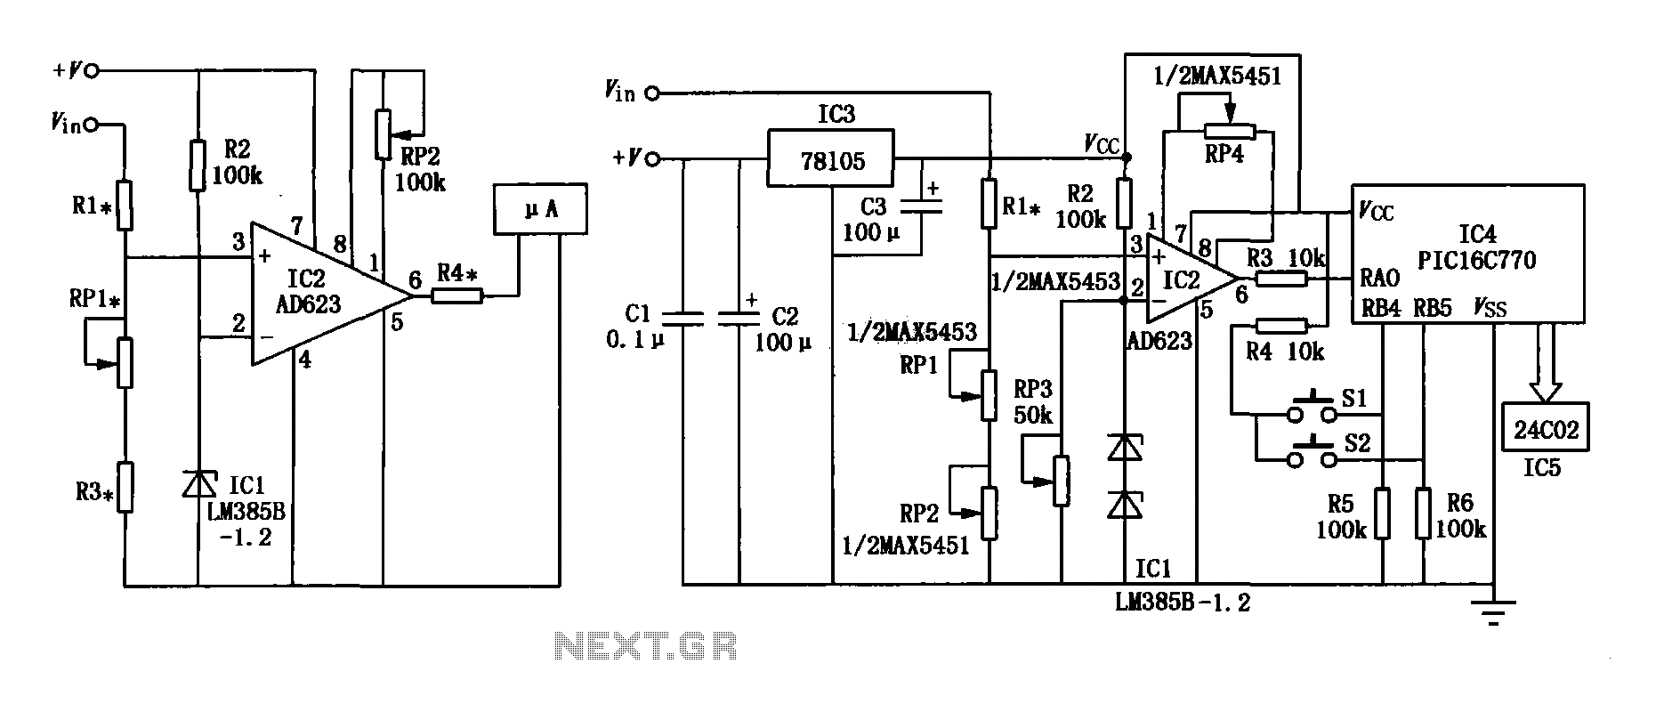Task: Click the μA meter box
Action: [x=541, y=210]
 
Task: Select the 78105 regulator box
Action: [x=830, y=159]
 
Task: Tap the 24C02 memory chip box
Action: [x=1546, y=429]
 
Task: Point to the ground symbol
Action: [x=1494, y=611]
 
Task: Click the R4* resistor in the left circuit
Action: [x=457, y=296]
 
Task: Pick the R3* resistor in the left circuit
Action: [x=125, y=487]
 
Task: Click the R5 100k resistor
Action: [x=1382, y=513]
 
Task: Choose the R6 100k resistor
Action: [x=1424, y=513]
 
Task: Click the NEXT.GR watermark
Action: [x=645, y=645]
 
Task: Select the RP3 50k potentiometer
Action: [x=1061, y=481]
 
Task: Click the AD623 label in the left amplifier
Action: [x=310, y=305]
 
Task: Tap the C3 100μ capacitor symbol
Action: [x=921, y=208]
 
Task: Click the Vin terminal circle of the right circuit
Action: [x=653, y=93]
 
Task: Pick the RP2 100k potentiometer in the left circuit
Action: [x=383, y=134]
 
